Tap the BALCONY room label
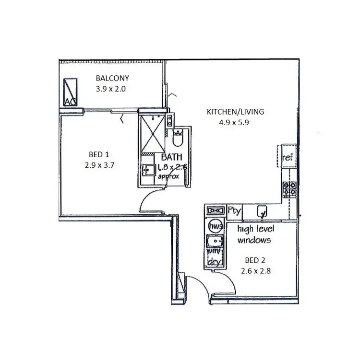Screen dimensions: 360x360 coord(112,78)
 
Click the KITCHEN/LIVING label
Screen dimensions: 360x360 coord(235,112)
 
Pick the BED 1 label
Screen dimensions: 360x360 coord(99,154)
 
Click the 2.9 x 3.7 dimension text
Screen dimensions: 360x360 coord(99,164)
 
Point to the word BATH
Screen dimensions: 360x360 coord(170,157)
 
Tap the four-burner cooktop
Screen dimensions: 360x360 coord(289,189)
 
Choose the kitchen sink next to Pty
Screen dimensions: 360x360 coord(262,210)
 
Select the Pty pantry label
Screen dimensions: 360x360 coord(234,210)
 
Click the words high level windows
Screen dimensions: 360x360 coord(255,234)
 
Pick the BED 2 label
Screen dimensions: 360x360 coord(254,261)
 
